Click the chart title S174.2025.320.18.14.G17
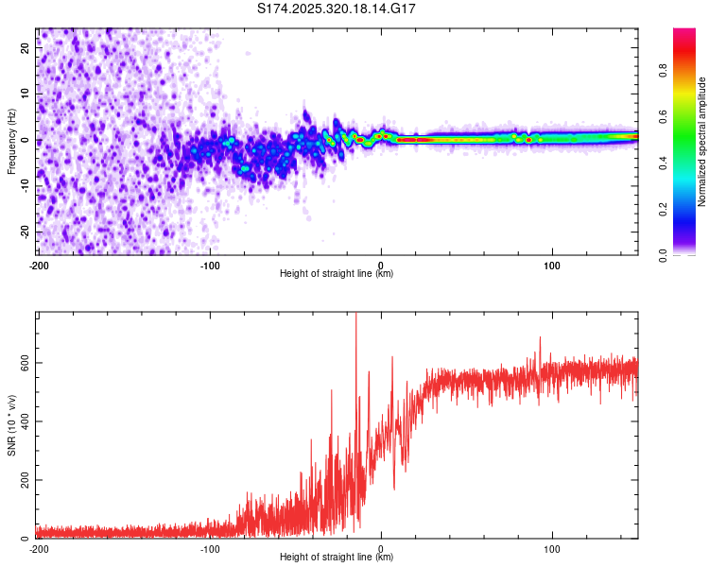337,9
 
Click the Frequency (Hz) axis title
12,142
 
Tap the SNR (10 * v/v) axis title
12,425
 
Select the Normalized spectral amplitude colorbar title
702,142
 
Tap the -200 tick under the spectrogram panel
38,265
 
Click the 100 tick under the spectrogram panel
552,265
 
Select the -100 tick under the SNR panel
209,548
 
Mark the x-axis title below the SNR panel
337,558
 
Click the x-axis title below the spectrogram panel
337,274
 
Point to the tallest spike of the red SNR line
355,316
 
